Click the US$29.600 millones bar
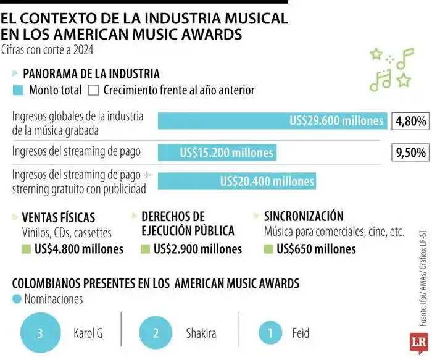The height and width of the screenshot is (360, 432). [x=272, y=121]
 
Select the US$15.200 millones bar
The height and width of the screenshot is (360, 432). [x=217, y=152]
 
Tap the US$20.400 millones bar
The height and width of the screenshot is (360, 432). [x=236, y=181]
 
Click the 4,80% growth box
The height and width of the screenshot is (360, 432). [x=410, y=121]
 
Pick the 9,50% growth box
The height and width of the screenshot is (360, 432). [x=410, y=152]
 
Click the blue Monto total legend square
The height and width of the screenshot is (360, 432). [x=18, y=90]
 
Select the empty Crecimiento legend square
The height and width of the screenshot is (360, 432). [x=94, y=90]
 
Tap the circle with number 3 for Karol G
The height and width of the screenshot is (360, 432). [x=40, y=334]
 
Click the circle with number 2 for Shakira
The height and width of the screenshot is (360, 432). [x=156, y=334]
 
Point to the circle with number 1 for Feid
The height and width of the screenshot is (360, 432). [x=270, y=334]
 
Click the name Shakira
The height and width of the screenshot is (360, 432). [x=201, y=334]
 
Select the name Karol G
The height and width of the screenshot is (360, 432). [x=88, y=334]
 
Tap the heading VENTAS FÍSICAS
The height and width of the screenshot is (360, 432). [x=59, y=217]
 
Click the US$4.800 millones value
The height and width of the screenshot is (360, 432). [x=79, y=249]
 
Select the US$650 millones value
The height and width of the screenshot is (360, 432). [x=316, y=249]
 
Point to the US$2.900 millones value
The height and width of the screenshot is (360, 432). [x=197, y=249]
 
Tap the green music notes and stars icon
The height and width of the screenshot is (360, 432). [x=390, y=69]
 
